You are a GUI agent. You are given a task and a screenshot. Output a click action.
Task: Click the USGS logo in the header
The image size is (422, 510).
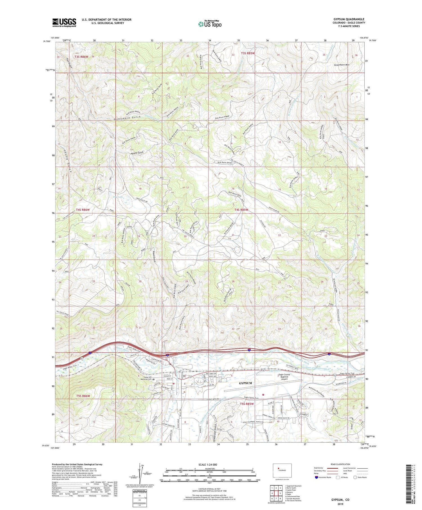click(64, 23)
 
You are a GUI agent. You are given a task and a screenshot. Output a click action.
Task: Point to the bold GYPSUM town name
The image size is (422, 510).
click(245, 383)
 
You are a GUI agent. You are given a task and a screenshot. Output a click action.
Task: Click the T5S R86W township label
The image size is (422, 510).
click(83, 396)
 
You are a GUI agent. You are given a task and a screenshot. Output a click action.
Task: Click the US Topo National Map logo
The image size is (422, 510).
click(209, 24)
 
